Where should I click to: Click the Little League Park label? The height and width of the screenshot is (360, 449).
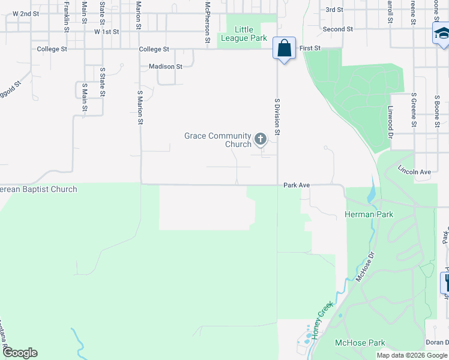pyautogui.click(x=244, y=34)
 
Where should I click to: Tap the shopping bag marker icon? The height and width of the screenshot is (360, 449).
pyautogui.click(x=284, y=49)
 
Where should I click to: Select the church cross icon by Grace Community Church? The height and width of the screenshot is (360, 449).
pyautogui.click(x=261, y=140)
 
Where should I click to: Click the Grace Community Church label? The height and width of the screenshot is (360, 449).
pyautogui.click(x=217, y=140)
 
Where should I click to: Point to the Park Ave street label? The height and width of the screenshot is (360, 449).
pyautogui.click(x=297, y=185)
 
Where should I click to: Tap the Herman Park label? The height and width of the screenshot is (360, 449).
pyautogui.click(x=369, y=214)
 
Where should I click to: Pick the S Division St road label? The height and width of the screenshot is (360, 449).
pyautogui.click(x=277, y=117)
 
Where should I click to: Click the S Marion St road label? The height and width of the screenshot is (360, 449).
pyautogui.click(x=140, y=108)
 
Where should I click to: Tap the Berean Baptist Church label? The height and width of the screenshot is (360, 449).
pyautogui.click(x=38, y=190)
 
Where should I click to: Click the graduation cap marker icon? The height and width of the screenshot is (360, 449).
pyautogui.click(x=441, y=33)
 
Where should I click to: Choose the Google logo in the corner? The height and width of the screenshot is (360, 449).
pyautogui.click(x=20, y=353)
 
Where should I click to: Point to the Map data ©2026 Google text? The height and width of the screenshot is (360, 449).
pyautogui.click(x=411, y=355)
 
